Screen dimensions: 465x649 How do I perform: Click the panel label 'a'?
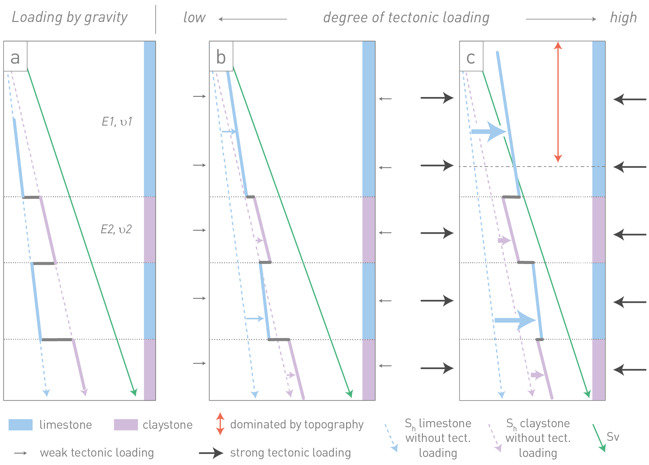pos(15,58)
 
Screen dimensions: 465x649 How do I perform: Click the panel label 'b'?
pos(221,57)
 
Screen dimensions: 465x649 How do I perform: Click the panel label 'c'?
pos(471,58)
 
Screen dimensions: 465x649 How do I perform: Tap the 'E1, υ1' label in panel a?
pos(117,122)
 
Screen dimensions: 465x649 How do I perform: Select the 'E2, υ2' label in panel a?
pos(116,229)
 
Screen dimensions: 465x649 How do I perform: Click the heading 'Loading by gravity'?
pos(70,17)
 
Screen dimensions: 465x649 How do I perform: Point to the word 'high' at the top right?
pos(623,18)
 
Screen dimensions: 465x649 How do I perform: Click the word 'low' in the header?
pos(194,18)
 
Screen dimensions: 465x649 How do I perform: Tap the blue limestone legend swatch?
pos(21,425)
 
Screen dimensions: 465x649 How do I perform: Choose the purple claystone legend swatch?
pos(126,425)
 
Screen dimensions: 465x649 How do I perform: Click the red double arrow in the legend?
pos(220,424)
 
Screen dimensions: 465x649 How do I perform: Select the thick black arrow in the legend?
pos(211,453)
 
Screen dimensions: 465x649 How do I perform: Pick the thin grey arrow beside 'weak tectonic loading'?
pos(21,453)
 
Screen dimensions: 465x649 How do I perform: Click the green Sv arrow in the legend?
pos(598,438)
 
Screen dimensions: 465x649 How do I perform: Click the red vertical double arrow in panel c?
pos(558,102)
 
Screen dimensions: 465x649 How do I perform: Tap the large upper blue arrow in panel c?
pos(489,131)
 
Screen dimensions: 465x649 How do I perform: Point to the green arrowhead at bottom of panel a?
pos(134,393)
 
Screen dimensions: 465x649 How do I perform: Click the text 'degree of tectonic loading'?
pos(406,18)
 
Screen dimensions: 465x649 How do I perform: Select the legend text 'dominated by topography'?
pos(297,424)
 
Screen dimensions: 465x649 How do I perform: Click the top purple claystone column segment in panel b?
pos(369,230)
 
